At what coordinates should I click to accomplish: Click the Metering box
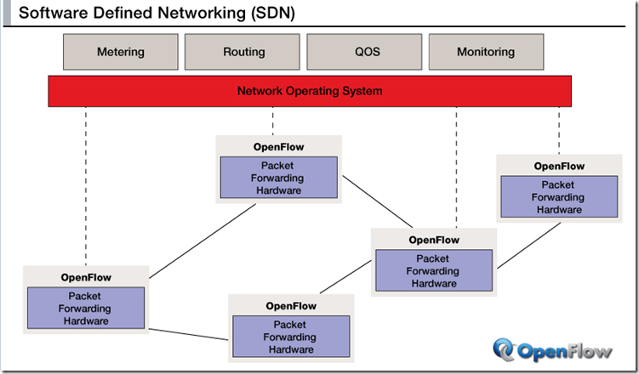pyautogui.click(x=121, y=52)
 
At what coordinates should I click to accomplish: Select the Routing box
pyautogui.click(x=242, y=52)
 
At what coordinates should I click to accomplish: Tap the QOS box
pyautogui.click(x=364, y=52)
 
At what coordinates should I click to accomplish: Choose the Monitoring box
pyautogui.click(x=486, y=52)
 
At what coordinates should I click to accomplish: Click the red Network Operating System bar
pyautogui.click(x=310, y=91)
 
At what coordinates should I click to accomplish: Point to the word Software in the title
pyautogui.click(x=54, y=13)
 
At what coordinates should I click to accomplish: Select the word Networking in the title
pyautogui.click(x=202, y=14)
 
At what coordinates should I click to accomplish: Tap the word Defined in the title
pyautogui.click(x=123, y=13)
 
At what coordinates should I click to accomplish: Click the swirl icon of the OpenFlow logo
pyautogui.click(x=504, y=349)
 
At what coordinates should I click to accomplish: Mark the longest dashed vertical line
pyautogui.click(x=86, y=186)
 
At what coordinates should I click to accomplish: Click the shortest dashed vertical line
pyautogui.click(x=272, y=122)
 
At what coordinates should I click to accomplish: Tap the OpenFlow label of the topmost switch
pyautogui.click(x=279, y=147)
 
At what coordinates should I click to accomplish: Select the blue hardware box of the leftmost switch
pyautogui.click(x=86, y=308)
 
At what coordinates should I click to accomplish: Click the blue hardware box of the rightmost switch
pyautogui.click(x=559, y=196)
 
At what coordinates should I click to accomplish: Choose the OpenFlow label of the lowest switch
pyautogui.click(x=291, y=306)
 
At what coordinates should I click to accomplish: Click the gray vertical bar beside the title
pyautogui.click(x=7, y=13)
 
